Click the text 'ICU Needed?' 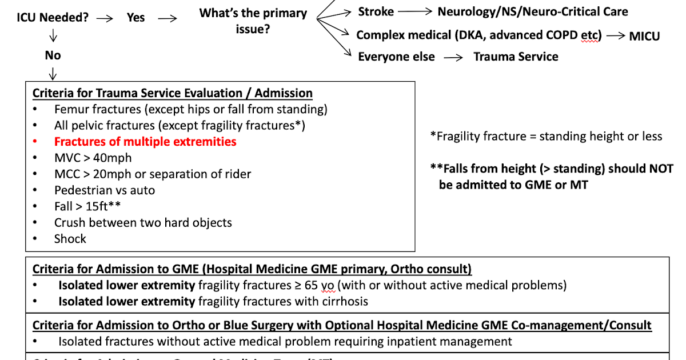[53, 17]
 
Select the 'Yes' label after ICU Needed [135, 17]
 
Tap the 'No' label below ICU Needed [53, 55]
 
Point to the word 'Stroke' [376, 11]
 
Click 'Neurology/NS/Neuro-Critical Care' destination [533, 11]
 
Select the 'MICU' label [644, 36]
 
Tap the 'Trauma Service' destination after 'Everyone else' [516, 57]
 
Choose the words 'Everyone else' [396, 57]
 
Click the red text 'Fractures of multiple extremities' [145, 142]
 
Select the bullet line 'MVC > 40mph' [93, 158]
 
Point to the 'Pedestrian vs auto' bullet [105, 190]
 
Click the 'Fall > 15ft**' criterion [87, 206]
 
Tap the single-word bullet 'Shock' [70, 239]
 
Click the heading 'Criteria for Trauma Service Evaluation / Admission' [173, 93]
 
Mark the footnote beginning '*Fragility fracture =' [546, 136]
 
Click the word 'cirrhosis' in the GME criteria [342, 301]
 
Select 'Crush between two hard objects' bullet [143, 222]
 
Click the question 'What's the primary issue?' [253, 21]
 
